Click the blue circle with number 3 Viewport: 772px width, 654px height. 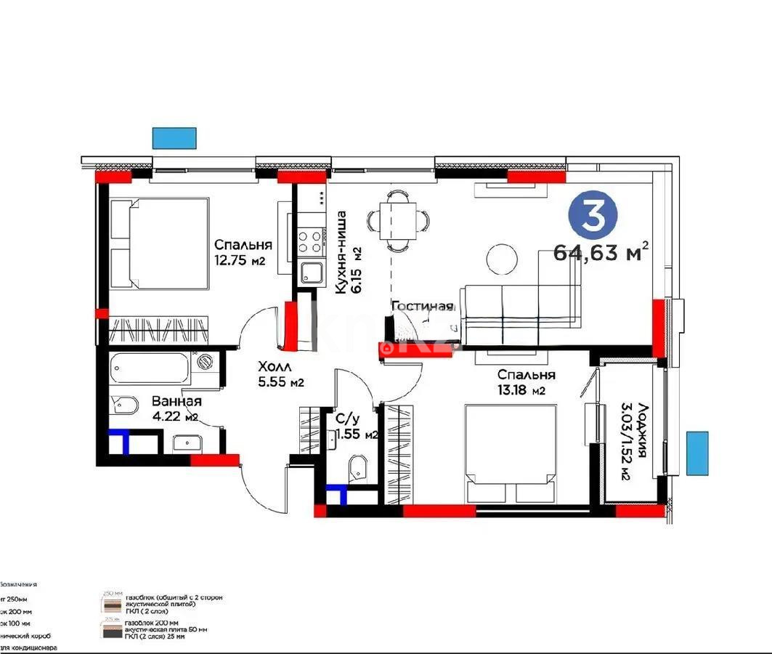pos(593,216)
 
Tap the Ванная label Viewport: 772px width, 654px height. pos(176,401)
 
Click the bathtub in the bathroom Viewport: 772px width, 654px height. pos(150,368)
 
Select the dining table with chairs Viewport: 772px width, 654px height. pos(397,219)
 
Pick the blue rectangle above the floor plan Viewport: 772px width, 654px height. pos(174,137)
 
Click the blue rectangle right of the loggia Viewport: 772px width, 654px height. pos(696,453)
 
